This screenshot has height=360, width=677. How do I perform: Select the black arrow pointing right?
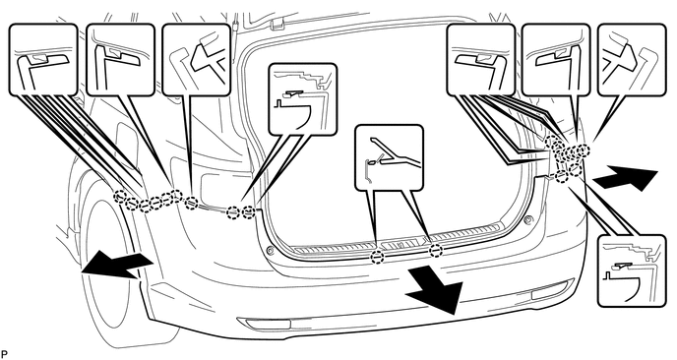pos(626,178)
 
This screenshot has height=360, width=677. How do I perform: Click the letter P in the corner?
pos(4,355)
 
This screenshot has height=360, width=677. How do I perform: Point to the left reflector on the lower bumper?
pos(264,324)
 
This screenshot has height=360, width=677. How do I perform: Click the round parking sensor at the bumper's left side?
pos(269,251)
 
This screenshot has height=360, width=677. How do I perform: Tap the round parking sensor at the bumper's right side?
pos(526,220)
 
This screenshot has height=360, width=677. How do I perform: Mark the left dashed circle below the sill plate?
pos(377,258)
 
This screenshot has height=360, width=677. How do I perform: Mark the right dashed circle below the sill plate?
pos(436,250)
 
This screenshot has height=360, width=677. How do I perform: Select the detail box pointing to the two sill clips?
pos(389,157)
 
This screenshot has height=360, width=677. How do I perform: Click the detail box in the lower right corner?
pos(632,271)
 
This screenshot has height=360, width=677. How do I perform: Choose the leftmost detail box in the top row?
pos(42,60)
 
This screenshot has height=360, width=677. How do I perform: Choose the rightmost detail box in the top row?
pos(632,60)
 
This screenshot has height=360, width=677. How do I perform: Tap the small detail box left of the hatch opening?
pos(302,98)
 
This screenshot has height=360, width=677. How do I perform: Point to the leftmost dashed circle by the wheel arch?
pos(120,197)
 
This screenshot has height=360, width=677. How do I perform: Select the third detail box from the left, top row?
pos(197,60)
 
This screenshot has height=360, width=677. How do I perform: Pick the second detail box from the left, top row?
pos(120,60)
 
